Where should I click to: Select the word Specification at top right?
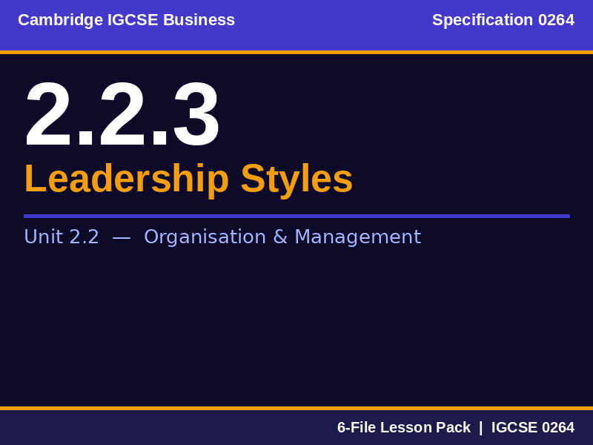point(483,20)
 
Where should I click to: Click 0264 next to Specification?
point(556,20)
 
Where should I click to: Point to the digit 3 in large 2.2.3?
point(196,116)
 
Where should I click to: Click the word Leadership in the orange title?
point(127,179)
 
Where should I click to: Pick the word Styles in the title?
point(296,179)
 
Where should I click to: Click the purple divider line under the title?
point(296,216)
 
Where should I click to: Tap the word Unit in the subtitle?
point(43,237)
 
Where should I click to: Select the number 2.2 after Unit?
point(84,237)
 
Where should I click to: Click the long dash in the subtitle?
point(122,237)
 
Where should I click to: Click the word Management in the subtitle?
point(357,237)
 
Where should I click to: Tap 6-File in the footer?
point(357,428)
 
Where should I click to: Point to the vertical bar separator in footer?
point(480,428)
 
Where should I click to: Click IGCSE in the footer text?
point(514,428)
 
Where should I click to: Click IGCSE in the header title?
point(133,20)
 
